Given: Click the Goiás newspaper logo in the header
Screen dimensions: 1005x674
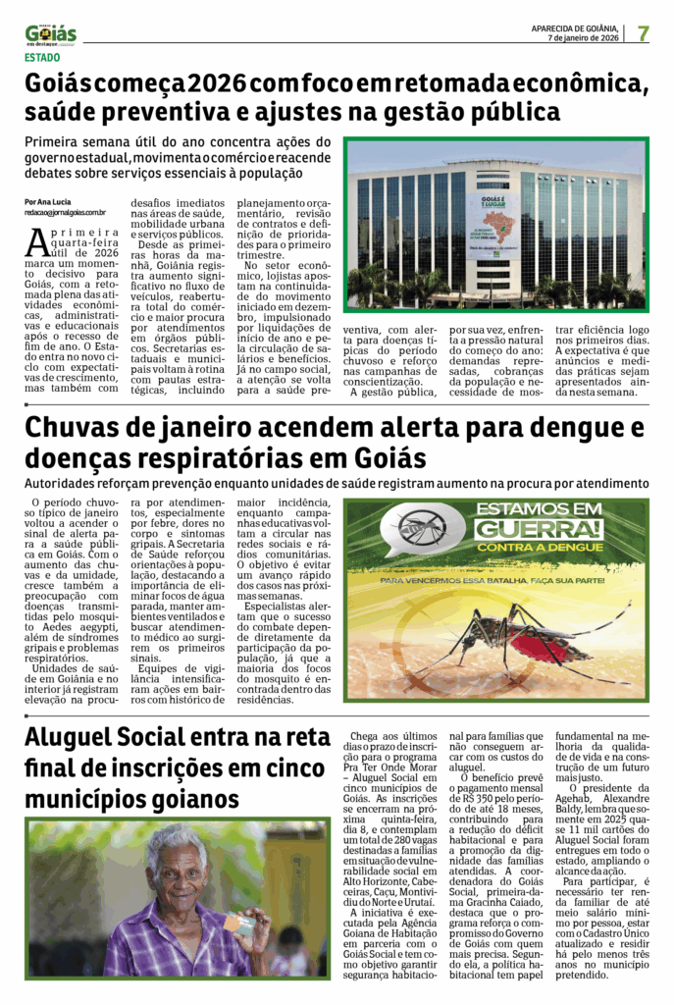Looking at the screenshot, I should click(x=50, y=34).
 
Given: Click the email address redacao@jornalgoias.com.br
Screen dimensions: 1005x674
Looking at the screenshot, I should click(x=66, y=212).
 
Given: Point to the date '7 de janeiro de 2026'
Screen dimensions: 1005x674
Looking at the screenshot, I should click(x=583, y=38).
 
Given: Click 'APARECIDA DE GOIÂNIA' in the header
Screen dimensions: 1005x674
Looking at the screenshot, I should click(x=574, y=28).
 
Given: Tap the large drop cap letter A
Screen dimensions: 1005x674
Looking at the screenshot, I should click(x=37, y=238).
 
